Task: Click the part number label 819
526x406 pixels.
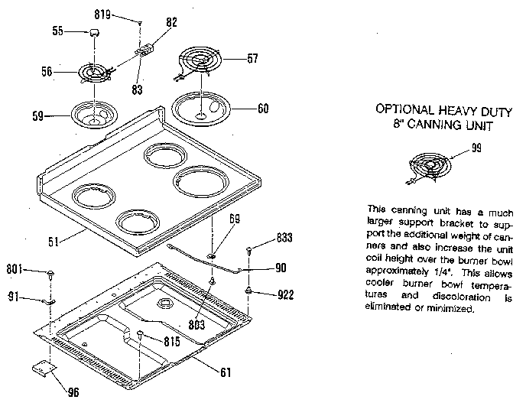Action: click(124, 15)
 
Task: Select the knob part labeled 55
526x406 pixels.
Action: click(96, 31)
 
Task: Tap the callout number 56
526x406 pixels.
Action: click(47, 73)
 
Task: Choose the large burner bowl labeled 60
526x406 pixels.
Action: click(201, 109)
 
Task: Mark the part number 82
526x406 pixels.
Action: click(171, 23)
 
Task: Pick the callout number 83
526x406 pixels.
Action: click(136, 89)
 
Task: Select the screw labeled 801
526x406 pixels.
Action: click(50, 272)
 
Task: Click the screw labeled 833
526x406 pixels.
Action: click(250, 251)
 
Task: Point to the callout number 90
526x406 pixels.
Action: click(281, 268)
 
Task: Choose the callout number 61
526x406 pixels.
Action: click(224, 373)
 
